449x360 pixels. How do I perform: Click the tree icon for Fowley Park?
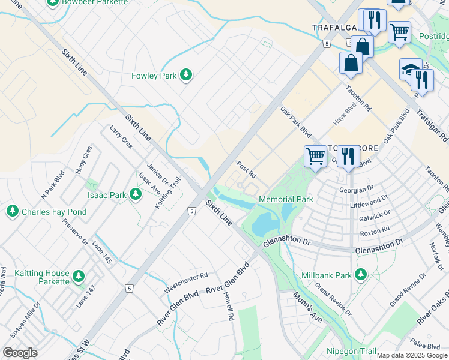tap(187, 75)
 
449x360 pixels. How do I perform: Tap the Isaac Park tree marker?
tap(136, 194)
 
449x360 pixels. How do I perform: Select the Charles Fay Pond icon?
tap(12, 212)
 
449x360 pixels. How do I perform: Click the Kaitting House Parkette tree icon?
tap(78, 277)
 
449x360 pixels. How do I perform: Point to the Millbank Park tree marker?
tap(360, 275)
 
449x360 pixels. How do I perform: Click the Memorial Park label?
tap(286, 199)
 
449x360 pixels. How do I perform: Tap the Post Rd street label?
tap(247, 170)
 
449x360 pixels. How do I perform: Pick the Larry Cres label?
tap(121, 137)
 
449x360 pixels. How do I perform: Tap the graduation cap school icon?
tap(410, 69)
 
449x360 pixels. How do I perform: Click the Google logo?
tap(20, 353)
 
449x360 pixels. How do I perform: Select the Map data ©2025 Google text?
tap(412, 355)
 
